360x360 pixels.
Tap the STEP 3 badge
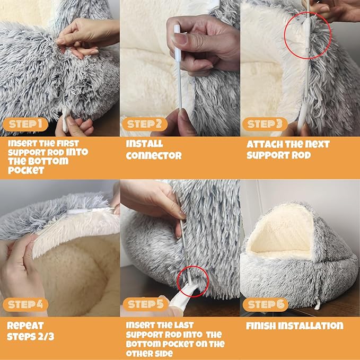pyautogui.click(x=265, y=125)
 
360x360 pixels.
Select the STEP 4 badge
pyautogui.click(x=25, y=304)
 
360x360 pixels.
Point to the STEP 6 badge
pyautogui.click(x=265, y=304)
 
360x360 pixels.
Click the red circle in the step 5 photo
pyautogui.click(x=191, y=282)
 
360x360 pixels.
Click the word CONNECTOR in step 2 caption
pyautogui.click(x=154, y=155)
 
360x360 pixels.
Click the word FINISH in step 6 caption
pyautogui.click(x=261, y=326)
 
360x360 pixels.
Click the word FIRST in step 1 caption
pyautogui.click(x=68, y=143)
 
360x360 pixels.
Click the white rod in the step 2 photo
pyautogui.click(x=179, y=69)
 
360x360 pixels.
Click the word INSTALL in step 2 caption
pyautogui.click(x=145, y=144)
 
